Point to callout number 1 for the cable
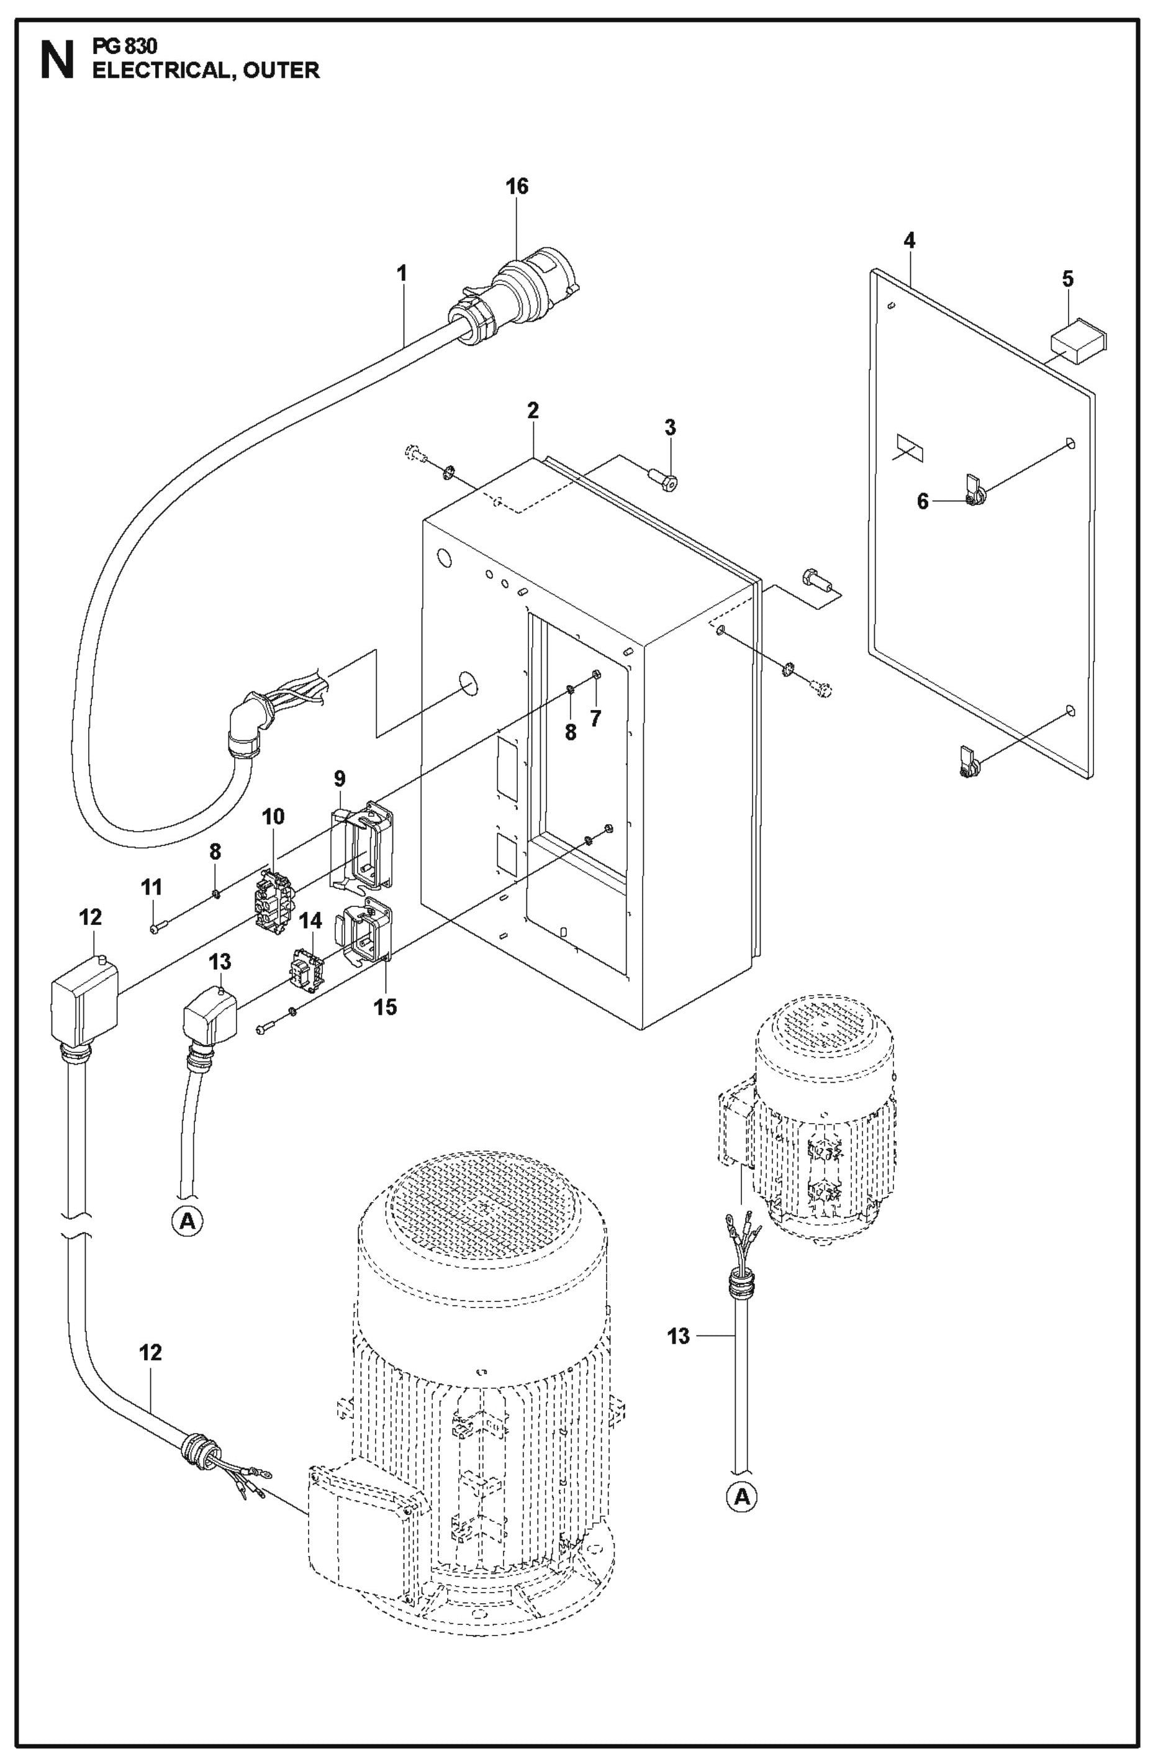402,274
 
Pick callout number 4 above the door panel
909,240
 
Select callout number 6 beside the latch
923,502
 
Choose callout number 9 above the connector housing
340,778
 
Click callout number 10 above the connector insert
273,817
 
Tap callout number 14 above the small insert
310,921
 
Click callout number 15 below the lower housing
385,1006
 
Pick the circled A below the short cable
188,1220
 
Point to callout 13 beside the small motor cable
678,1336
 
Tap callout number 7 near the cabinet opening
595,717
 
